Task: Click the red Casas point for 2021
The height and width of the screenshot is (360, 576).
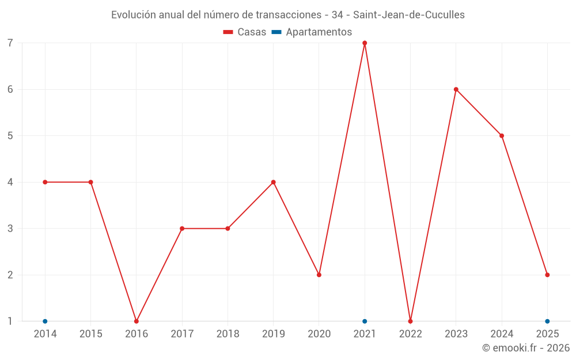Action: tap(365, 43)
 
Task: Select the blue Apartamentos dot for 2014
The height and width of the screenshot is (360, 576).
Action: tap(45, 321)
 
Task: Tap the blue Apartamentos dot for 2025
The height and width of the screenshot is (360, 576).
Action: tap(547, 321)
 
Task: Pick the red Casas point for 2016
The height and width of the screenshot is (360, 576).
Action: tap(137, 321)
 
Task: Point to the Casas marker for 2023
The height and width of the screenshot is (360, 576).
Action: tap(456, 89)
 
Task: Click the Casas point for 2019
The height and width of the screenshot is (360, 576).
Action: tap(274, 182)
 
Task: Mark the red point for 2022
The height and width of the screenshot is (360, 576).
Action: tap(410, 321)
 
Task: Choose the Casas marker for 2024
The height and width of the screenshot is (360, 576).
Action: tap(502, 136)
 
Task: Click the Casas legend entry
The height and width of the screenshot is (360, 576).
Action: tap(245, 32)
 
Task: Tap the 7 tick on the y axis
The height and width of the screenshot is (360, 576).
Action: tap(10, 43)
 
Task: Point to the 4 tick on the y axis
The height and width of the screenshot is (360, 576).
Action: tap(10, 182)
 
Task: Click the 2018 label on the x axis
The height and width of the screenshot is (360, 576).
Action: tap(228, 334)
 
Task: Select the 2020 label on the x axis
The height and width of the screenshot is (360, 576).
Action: tap(319, 334)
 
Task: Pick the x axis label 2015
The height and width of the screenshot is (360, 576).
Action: tap(90, 334)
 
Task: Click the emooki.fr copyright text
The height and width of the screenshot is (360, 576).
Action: tap(525, 348)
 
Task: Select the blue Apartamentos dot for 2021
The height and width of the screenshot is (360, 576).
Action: tap(365, 321)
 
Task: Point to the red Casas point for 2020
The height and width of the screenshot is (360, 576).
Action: tap(319, 275)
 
